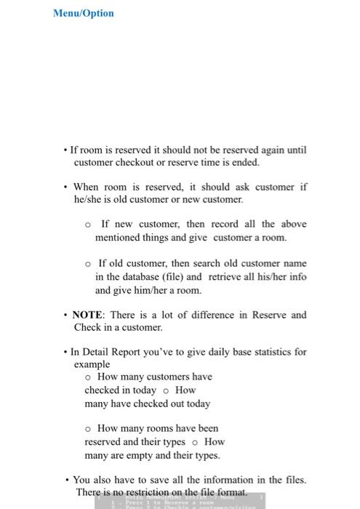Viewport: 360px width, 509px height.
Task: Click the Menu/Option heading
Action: coord(84,13)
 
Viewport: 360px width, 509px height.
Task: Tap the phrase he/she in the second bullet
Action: coord(88,199)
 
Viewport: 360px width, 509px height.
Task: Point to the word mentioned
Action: coord(118,237)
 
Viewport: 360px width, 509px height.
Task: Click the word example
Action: coord(92,364)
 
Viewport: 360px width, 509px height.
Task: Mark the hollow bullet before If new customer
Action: coord(88,225)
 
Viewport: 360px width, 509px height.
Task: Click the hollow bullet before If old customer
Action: coord(88,264)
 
